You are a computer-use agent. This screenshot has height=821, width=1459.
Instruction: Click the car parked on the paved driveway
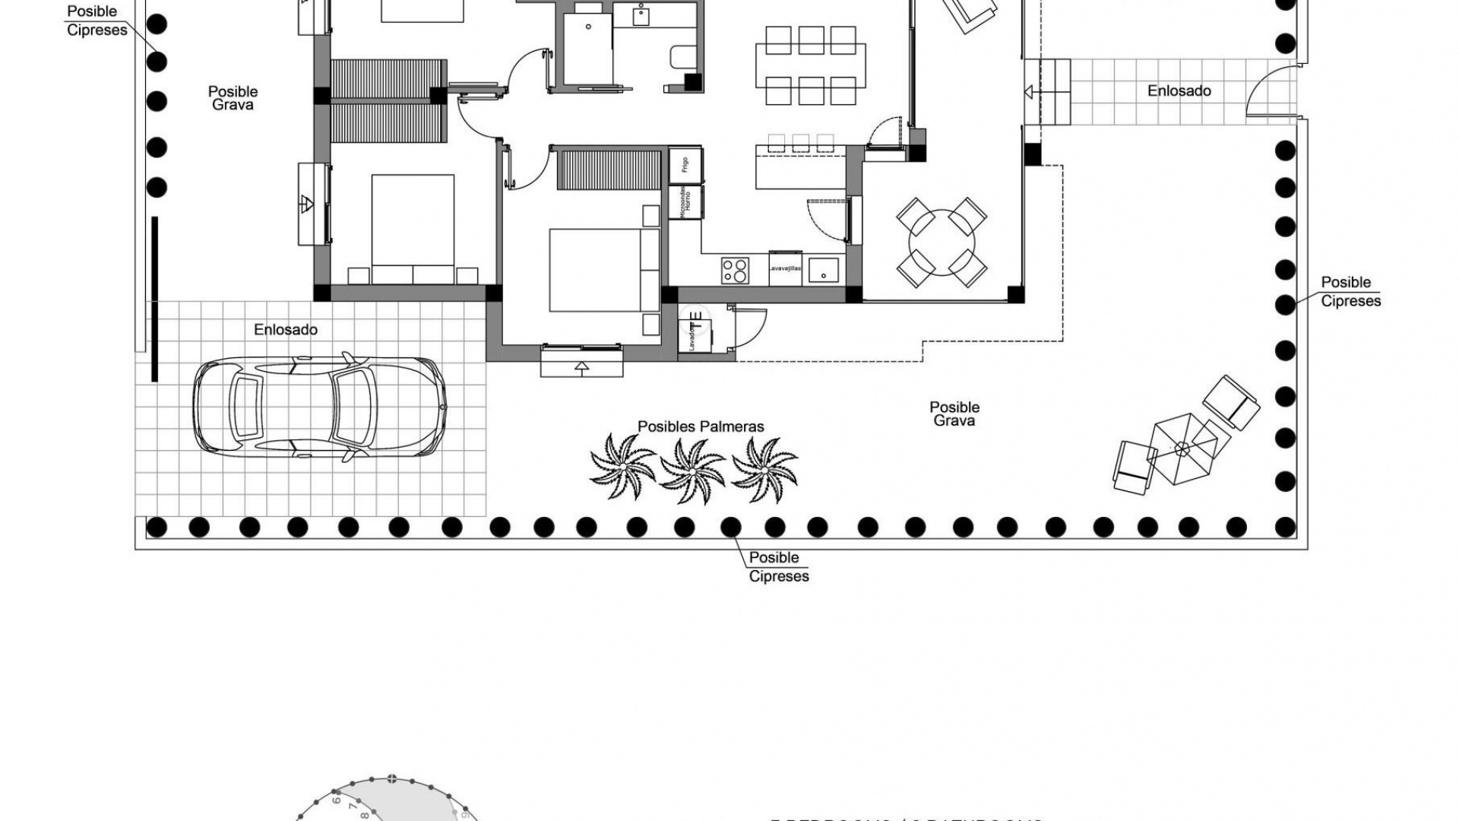coord(318,406)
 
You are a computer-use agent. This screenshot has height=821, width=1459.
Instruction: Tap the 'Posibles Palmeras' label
coord(701,426)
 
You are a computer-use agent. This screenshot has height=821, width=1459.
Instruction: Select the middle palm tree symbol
coord(692,471)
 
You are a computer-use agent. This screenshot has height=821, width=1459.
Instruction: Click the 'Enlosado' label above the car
coord(286,330)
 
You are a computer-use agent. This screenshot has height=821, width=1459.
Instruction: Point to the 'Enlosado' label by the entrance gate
coord(1179,90)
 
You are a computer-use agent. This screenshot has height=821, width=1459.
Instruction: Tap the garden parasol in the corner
coord(1181,449)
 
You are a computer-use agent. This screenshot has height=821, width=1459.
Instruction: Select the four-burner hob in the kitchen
coord(735,271)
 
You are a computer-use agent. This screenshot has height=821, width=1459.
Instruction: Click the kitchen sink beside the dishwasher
coord(824,271)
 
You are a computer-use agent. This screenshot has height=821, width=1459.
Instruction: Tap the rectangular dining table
coord(810,65)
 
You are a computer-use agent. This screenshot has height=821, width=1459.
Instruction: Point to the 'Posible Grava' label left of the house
coord(233,98)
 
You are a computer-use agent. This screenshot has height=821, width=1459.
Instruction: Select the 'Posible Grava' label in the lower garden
coord(954,414)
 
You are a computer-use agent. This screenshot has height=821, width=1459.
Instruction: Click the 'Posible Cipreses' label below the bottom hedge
coord(778,567)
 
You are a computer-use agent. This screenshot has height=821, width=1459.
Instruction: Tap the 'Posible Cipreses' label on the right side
coord(1350,292)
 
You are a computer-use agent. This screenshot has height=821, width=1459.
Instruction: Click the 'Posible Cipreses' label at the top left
coord(97,21)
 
